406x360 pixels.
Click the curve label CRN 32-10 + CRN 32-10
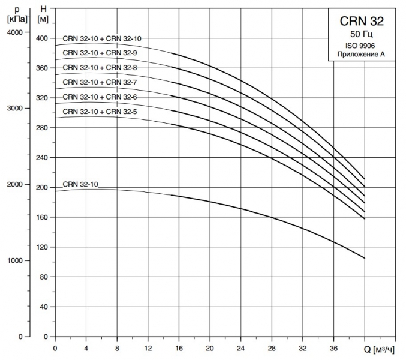tap(102, 38)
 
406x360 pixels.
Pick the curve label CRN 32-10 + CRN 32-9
tap(100, 53)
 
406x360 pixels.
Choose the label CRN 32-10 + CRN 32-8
tap(100, 68)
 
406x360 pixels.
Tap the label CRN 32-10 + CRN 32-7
tap(100, 82)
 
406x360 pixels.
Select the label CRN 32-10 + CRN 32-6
tap(100, 97)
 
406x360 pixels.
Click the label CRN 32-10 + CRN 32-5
tap(100, 112)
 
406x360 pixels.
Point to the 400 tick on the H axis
tap(41, 38)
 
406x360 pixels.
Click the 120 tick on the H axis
tap(41, 247)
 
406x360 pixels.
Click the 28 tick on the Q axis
tap(272, 348)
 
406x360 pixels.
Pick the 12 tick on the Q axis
tap(148, 348)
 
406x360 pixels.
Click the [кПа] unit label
tap(16, 18)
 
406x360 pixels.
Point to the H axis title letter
tap(41, 8)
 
